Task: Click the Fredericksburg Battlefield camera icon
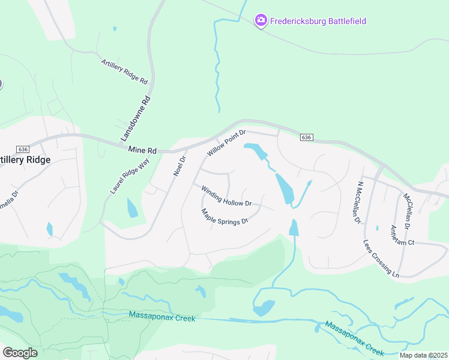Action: pos(261,20)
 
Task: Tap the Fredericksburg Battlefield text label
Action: pos(318,21)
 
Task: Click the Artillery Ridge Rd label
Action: pos(124,71)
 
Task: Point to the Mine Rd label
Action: pos(142,150)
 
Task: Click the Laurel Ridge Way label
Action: pos(130,176)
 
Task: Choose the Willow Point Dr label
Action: pos(227,143)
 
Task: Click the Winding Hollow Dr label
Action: pos(226,196)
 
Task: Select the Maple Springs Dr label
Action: pos(224,216)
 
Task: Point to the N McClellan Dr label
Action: pos(359,203)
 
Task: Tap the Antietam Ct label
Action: pos(402,235)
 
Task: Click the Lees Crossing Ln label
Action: pos(381,259)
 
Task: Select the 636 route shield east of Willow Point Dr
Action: pos(306,137)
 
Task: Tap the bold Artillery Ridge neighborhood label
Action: pos(24,160)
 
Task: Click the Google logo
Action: pos(20,353)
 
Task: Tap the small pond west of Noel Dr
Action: pos(132,208)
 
